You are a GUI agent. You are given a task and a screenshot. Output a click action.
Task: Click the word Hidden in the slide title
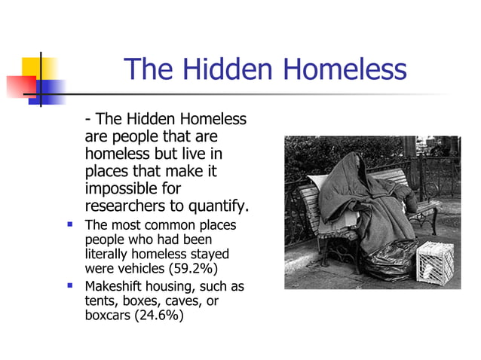(x=230, y=70)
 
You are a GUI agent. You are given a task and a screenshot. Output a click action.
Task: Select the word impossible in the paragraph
(x=124, y=188)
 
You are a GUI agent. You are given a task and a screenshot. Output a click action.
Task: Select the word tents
(x=100, y=301)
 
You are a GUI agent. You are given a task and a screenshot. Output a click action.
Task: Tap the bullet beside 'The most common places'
(x=69, y=224)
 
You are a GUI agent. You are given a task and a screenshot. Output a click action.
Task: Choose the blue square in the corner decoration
(x=50, y=92)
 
